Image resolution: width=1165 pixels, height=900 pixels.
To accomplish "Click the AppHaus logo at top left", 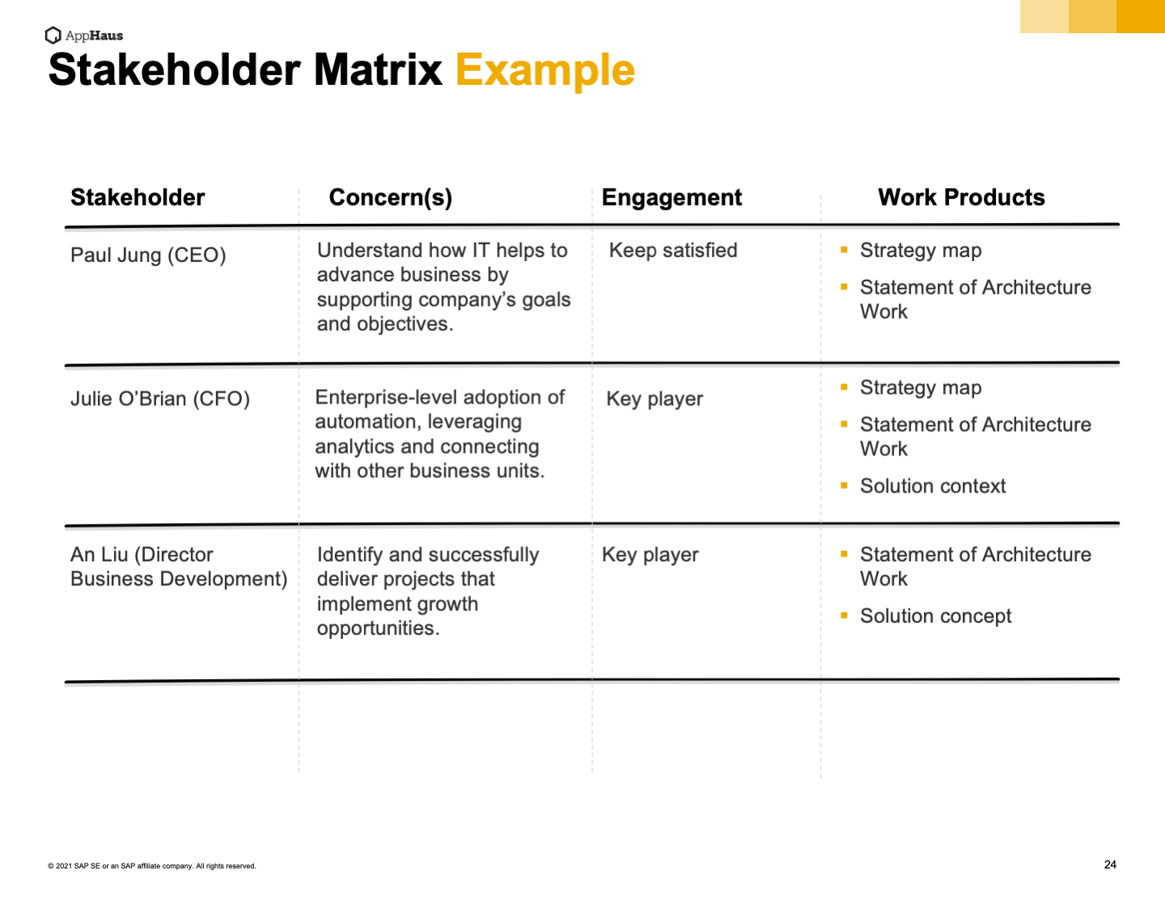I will tap(84, 35).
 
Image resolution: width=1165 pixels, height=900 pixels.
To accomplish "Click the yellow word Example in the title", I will tap(544, 70).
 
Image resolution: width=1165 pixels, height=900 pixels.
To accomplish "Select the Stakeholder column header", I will tap(138, 197).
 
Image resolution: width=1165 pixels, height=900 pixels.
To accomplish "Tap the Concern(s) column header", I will tap(391, 197).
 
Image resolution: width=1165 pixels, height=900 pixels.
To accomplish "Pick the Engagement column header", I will tap(671, 197).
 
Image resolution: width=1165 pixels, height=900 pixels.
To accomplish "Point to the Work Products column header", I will tap(961, 197).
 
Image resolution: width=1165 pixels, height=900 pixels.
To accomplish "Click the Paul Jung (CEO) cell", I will tap(148, 256).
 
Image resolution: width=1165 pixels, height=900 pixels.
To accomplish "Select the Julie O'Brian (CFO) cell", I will tap(160, 399).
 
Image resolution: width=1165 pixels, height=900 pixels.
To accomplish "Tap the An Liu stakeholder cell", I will tap(178, 567).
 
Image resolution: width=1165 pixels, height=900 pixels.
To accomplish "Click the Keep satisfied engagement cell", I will tap(673, 251).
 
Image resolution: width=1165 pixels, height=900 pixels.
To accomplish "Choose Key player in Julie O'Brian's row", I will tap(655, 399).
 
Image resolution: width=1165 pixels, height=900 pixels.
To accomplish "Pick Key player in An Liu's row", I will tap(650, 555).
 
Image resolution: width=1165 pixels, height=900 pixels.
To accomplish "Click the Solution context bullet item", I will tap(932, 486).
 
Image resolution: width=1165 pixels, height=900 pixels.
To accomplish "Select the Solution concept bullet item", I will tap(935, 616).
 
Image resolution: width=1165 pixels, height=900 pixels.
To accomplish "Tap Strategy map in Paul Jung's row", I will tap(920, 251).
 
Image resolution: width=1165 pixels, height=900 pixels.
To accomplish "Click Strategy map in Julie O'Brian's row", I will tap(920, 388).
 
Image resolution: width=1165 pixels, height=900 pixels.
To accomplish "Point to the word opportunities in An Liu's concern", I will tap(378, 629).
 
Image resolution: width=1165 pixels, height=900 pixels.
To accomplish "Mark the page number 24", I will tap(1110, 864).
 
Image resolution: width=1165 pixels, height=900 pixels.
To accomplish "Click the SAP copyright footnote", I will tap(152, 866).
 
